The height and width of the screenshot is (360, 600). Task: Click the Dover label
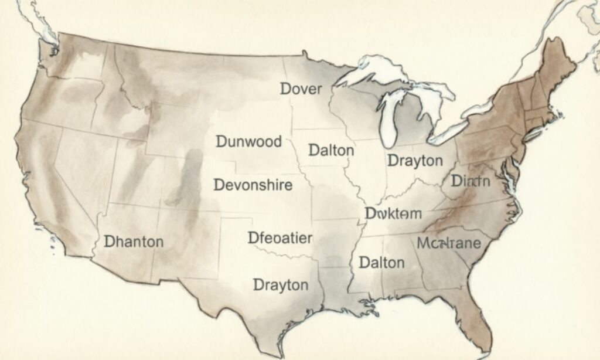point(301,89)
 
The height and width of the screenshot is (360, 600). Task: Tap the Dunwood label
point(248,141)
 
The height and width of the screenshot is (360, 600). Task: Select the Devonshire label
point(253,185)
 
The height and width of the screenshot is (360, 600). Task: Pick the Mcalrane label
point(448,243)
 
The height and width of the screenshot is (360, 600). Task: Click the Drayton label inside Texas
point(280,285)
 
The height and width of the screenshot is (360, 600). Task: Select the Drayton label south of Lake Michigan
point(414,161)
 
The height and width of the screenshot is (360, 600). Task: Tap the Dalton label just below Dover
point(331,150)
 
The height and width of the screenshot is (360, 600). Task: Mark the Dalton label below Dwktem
point(381,262)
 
